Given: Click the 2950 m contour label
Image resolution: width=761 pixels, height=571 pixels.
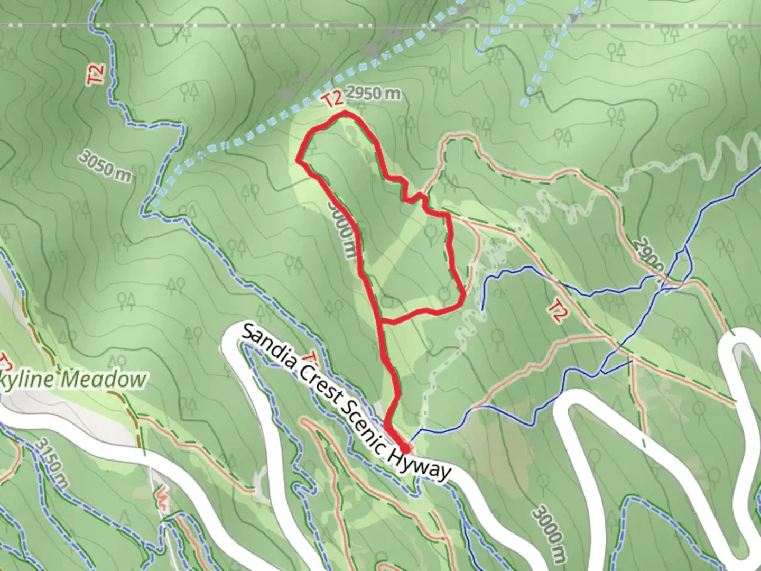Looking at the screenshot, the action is tap(374, 94).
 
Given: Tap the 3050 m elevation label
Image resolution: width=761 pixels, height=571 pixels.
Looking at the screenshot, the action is tap(106, 164).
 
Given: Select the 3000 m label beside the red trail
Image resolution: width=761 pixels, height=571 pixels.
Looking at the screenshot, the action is tap(340, 229).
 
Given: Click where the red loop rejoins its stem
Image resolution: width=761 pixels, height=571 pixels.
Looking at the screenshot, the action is tap(380, 320).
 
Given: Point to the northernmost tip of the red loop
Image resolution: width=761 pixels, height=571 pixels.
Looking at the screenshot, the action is tap(345, 114).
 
